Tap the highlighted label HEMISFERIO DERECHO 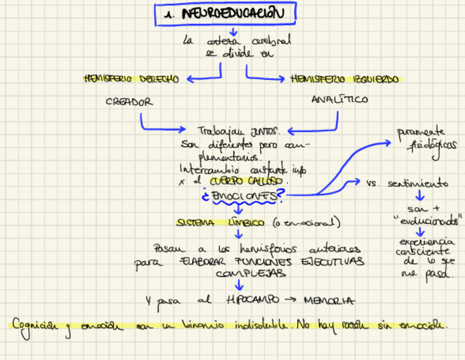[132, 79]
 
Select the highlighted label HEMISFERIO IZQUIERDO [344, 80]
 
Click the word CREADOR [129, 102]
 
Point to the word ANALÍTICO [339, 100]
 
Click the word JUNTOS [265, 131]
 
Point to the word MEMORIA [328, 301]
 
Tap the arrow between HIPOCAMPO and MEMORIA [291, 300]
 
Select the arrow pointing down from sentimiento [419, 195]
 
